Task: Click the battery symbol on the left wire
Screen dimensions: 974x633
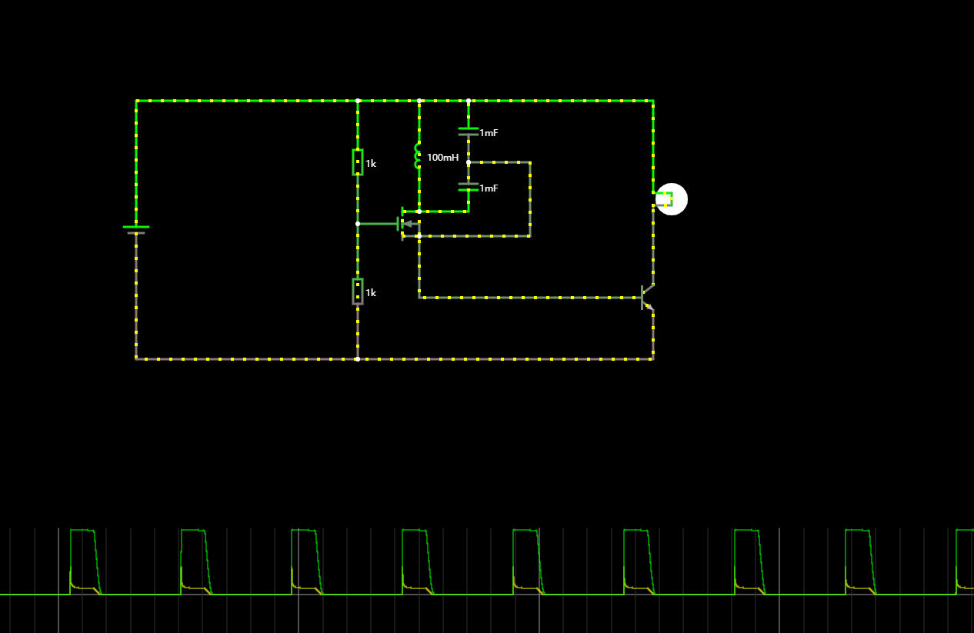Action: tap(136, 229)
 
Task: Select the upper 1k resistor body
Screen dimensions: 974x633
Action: tap(358, 162)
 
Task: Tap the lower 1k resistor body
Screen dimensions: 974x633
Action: tap(358, 292)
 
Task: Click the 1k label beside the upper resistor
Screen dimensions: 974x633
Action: tap(371, 164)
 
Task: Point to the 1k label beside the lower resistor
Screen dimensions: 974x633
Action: tap(371, 293)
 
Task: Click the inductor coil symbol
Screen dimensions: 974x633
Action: tap(419, 156)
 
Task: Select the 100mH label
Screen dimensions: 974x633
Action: tap(442, 158)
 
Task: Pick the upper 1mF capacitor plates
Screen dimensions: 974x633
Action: tap(469, 132)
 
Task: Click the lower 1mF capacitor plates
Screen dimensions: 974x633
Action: tap(469, 186)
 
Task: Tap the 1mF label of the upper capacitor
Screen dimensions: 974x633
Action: tap(489, 133)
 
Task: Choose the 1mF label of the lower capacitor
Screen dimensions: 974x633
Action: tap(489, 188)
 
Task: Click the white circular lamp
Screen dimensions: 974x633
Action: tap(672, 199)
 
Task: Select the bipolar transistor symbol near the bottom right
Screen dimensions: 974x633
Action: tap(647, 297)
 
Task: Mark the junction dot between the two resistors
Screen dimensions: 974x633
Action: tap(358, 224)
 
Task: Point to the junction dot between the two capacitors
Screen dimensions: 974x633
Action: tap(469, 162)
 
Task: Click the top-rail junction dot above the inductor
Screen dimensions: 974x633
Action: tap(419, 101)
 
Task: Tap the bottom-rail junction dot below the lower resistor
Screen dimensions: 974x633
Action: tap(358, 358)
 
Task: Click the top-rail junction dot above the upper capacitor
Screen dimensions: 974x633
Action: tap(469, 101)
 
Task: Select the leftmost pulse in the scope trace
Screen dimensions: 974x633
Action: tap(84, 561)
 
